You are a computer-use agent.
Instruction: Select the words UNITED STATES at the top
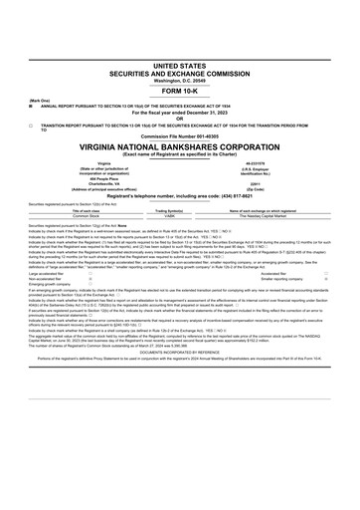point(180,34)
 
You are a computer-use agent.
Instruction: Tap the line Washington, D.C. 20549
point(180,50)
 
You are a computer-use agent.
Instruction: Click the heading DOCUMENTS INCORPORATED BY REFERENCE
point(180,351)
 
